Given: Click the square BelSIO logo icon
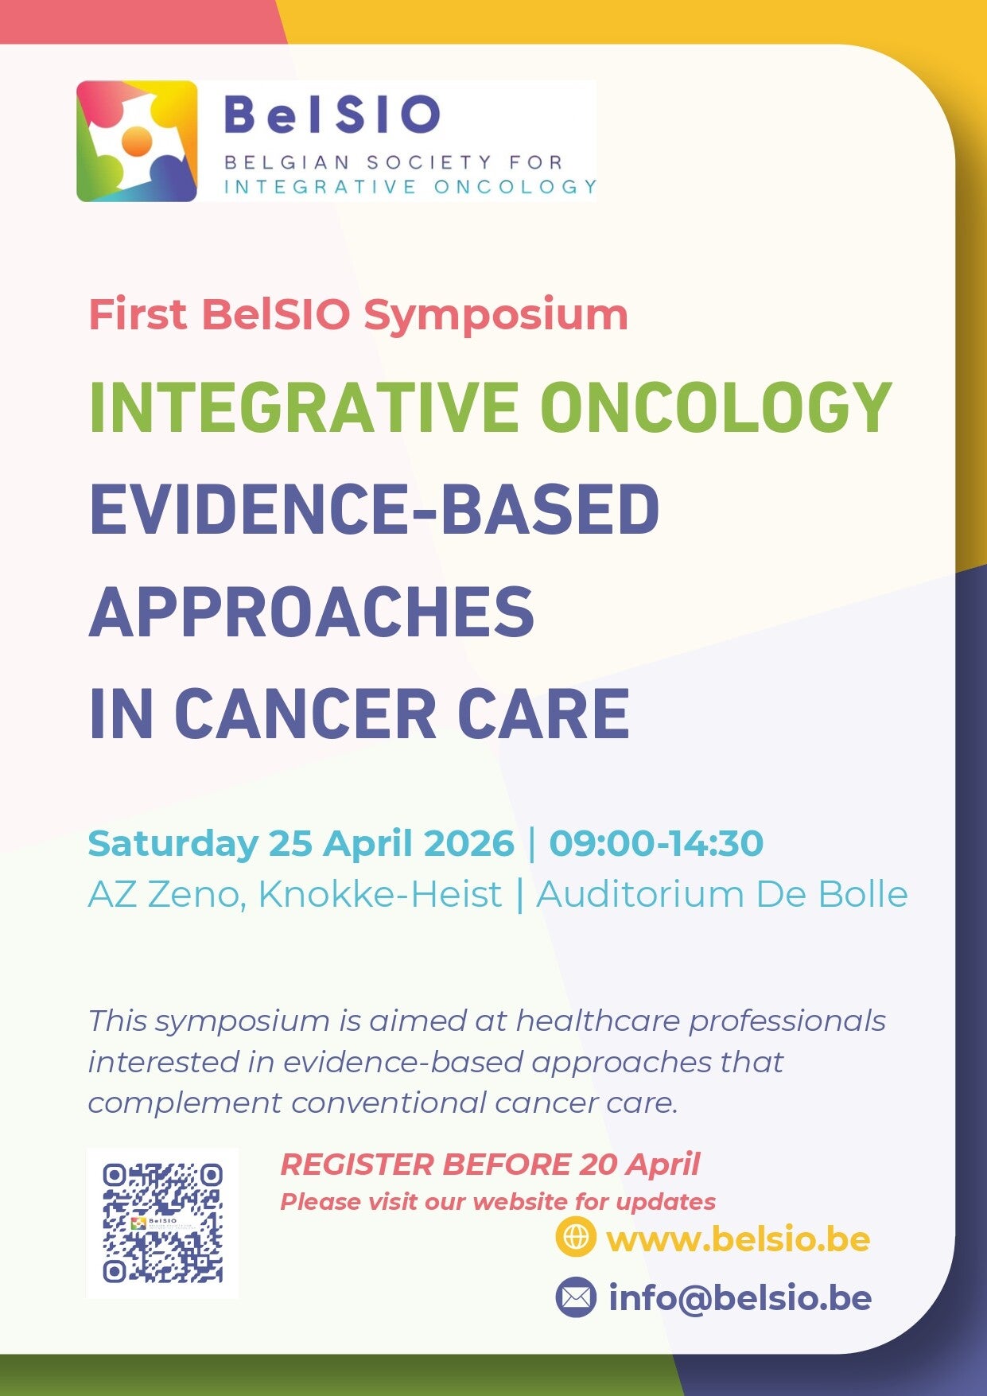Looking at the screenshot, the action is [137, 141].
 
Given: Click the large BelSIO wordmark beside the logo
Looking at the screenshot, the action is [332, 115].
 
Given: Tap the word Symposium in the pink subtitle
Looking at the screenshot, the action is [495, 316].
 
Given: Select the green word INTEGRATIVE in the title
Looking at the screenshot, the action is [305, 407].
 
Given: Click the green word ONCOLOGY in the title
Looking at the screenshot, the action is [716, 407].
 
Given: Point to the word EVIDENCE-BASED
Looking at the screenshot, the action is [375, 508].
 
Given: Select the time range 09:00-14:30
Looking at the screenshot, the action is [656, 843].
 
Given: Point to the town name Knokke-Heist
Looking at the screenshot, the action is [380, 894].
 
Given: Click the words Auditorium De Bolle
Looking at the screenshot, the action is [722, 894].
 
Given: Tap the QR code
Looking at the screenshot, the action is [162, 1223].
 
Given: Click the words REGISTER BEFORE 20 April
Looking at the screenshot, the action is [490, 1165].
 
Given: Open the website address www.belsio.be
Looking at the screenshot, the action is [738, 1239].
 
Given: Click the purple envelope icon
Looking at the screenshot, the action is [576, 1297].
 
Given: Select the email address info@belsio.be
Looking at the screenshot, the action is [740, 1297].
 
